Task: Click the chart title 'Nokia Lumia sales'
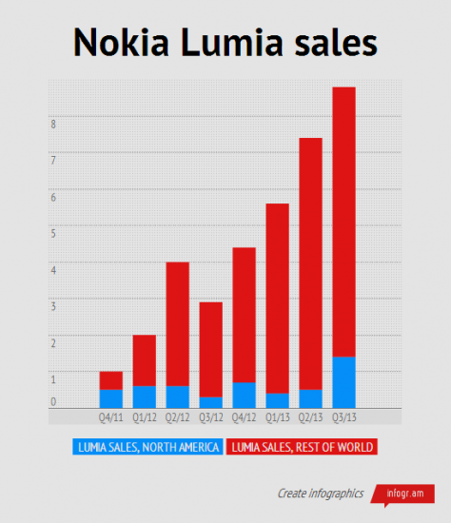225,43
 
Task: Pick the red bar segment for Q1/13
277,298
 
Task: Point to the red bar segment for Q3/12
210,349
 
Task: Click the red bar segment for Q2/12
178,323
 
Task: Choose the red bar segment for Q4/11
111,380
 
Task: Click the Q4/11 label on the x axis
110,416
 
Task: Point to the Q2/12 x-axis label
177,416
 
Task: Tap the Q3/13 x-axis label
343,416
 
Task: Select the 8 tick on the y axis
53,123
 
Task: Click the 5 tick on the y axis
53,232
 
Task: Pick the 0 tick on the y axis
53,401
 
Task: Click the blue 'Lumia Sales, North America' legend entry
147,447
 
